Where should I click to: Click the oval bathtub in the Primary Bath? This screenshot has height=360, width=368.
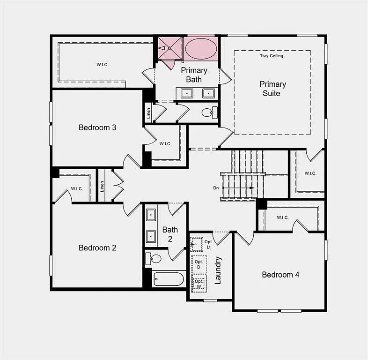click(201, 49)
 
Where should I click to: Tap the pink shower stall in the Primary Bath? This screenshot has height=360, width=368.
click(169, 48)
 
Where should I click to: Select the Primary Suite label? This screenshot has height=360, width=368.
click(272, 89)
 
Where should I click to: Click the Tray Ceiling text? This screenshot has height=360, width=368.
click(272, 56)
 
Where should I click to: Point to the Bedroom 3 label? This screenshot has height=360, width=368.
click(97, 127)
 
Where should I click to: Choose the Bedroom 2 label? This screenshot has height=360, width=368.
click(97, 247)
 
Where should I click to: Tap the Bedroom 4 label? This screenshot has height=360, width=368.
click(280, 275)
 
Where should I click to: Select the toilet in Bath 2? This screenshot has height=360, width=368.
click(154, 258)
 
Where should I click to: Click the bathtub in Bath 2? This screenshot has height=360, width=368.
click(169, 279)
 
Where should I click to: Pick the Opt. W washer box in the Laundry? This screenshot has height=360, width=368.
click(199, 284)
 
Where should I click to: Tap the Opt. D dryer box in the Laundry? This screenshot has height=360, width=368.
click(199, 264)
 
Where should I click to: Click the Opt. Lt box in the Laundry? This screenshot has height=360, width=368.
click(197, 244)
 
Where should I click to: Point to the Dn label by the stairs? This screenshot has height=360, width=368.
click(216, 188)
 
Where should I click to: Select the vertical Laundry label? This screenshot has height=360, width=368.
click(218, 270)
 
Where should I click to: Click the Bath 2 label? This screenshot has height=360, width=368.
click(170, 234)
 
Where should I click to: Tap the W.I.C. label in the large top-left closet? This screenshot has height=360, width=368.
click(103, 65)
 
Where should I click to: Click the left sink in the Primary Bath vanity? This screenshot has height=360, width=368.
click(187, 93)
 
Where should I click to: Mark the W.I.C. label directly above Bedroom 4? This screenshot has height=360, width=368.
click(282, 217)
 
